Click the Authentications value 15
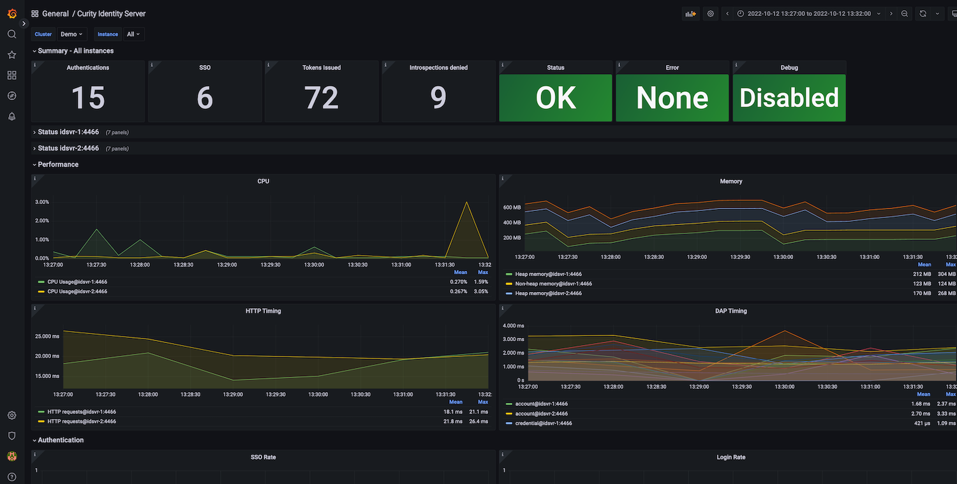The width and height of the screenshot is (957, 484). tap(88, 98)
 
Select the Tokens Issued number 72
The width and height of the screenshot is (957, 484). tap(321, 98)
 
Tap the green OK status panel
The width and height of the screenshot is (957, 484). tap(556, 98)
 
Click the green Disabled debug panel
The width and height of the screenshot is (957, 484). tap(789, 98)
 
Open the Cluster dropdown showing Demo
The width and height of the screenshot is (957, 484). tap(71, 34)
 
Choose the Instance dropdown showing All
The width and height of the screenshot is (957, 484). tap(133, 34)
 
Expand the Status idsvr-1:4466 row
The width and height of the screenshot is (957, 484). tap(68, 132)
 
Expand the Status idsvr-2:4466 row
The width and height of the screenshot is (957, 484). tap(68, 149)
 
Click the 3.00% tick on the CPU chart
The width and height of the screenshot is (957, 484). tap(41, 202)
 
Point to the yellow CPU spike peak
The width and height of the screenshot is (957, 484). tap(467, 202)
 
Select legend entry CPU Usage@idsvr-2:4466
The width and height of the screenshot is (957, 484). tap(77, 291)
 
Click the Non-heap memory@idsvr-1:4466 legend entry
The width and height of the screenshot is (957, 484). tap(553, 284)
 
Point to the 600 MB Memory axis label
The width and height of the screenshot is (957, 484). tap(512, 208)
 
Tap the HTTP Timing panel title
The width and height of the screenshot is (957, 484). tap(263, 311)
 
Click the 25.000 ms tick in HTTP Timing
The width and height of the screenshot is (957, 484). tap(47, 336)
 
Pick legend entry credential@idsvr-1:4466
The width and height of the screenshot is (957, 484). tap(544, 423)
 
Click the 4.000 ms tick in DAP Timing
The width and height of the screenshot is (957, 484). tap(513, 325)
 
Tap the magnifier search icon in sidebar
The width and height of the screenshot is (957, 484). tap(11, 34)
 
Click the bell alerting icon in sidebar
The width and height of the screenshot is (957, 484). tap(11, 116)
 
